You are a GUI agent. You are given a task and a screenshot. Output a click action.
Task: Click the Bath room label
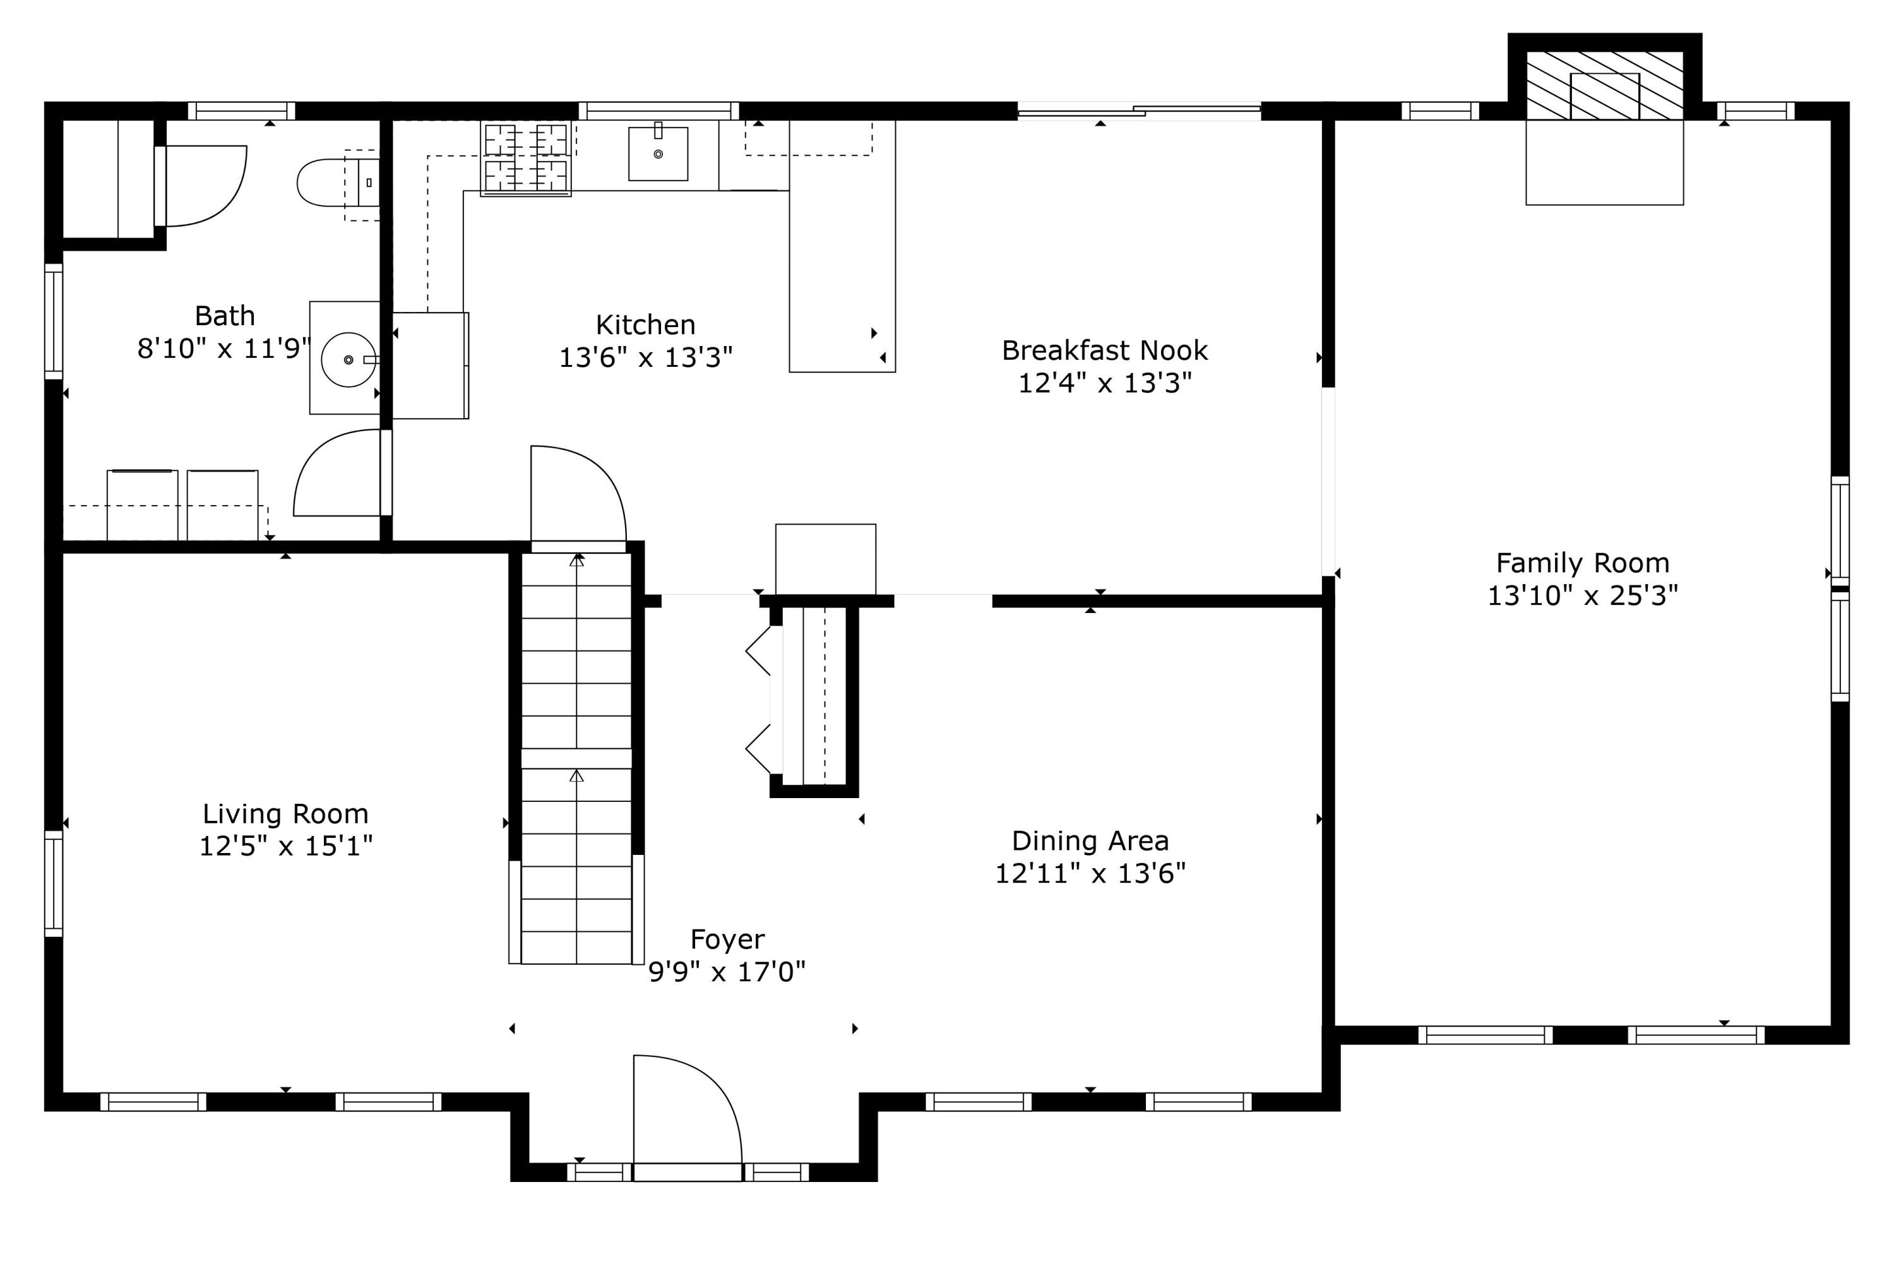tap(225, 315)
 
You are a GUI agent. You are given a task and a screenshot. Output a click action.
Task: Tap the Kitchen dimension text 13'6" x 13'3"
tap(646, 357)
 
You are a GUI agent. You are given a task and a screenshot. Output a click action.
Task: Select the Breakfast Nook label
tap(1105, 350)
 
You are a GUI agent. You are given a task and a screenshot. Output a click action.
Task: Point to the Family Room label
tap(1582, 563)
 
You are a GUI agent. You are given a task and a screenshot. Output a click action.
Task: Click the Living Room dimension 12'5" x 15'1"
tap(286, 846)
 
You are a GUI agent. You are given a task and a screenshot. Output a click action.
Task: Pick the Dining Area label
tap(1090, 840)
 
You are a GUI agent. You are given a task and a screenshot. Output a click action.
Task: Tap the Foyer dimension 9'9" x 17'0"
tap(727, 971)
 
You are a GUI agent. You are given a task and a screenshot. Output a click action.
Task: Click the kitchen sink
tap(658, 153)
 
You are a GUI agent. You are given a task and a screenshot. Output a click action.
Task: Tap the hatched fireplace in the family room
tap(1605, 86)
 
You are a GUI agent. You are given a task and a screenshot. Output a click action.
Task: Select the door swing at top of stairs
tap(578, 494)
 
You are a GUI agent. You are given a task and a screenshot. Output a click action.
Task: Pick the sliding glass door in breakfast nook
tap(1139, 111)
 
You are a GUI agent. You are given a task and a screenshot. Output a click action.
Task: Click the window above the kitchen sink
tap(658, 111)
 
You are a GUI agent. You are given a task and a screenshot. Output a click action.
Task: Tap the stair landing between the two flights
tap(576, 759)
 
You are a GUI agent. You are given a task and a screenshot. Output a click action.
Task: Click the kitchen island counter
tap(842, 246)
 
